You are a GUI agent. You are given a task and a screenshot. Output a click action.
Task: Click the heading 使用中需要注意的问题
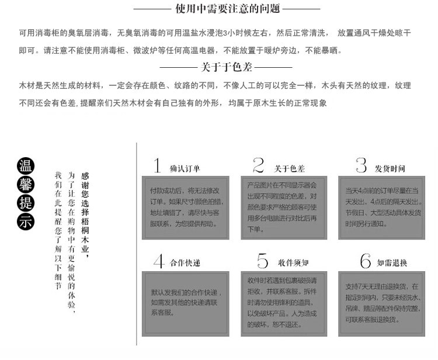[x=227, y=9]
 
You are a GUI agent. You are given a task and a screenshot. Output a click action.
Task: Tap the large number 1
[x=157, y=165]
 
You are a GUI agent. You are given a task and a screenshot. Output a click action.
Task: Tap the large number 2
[x=259, y=165]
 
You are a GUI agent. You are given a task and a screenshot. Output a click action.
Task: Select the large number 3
[x=361, y=165]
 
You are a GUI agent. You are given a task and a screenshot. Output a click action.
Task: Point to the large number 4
[x=158, y=261]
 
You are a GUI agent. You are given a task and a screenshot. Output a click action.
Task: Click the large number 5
[x=262, y=261]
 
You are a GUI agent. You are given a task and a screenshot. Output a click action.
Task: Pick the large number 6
[x=366, y=261]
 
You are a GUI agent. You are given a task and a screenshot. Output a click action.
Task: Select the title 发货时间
[x=390, y=168]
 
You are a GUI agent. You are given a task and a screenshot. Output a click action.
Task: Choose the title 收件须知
[x=290, y=264]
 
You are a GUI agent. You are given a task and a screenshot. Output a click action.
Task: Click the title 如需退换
[x=391, y=264]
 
